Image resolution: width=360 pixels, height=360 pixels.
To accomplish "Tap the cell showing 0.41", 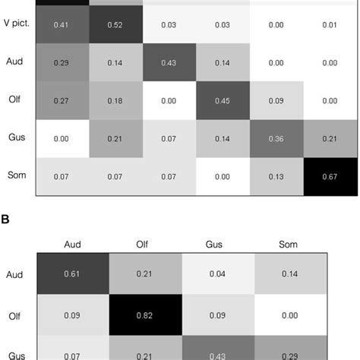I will tap(62, 27).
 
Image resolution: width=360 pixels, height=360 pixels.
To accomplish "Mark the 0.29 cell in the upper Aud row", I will tap(62, 64).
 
